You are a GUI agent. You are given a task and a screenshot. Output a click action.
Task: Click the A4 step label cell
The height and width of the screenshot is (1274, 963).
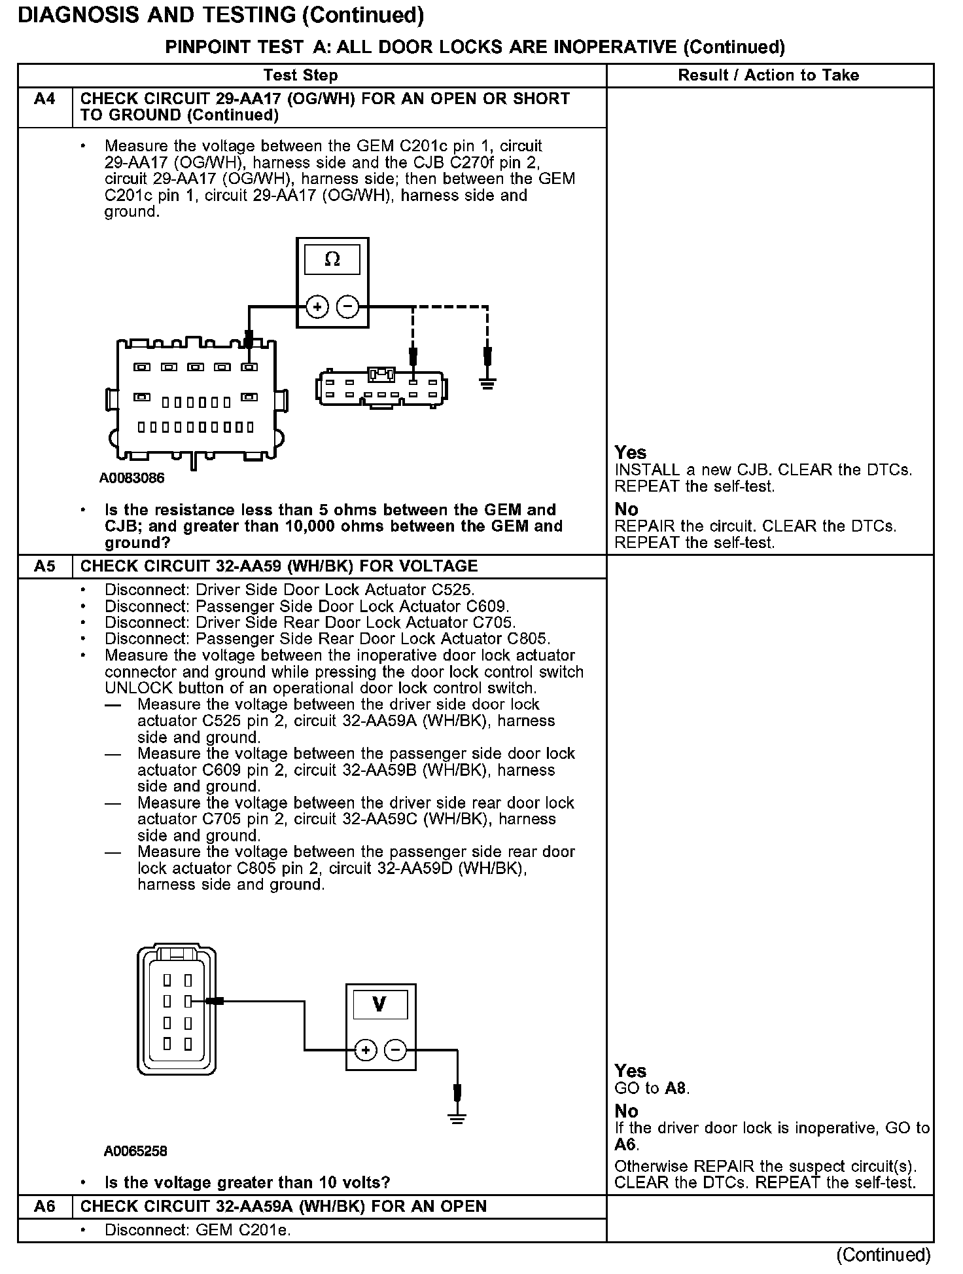44,100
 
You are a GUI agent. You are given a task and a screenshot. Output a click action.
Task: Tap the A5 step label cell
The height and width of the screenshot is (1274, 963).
44,566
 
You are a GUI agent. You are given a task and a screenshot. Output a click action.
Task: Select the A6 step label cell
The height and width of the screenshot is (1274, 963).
44,1207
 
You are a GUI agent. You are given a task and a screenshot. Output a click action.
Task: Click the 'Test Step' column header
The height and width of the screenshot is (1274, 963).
300,75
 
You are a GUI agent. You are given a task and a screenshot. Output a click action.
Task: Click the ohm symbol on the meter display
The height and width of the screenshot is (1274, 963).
332,260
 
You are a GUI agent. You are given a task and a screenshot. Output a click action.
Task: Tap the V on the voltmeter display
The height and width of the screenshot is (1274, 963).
379,1004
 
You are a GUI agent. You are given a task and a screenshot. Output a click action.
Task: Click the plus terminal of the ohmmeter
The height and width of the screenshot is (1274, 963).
317,306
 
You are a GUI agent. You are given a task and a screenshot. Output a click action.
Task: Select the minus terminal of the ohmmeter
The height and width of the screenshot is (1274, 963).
347,306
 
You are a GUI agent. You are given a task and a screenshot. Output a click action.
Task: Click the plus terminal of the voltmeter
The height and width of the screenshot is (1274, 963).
366,1051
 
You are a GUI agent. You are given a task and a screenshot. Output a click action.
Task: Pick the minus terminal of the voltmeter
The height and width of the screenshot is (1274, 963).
395,1051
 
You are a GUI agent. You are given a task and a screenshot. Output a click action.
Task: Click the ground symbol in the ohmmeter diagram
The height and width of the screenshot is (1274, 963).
487,383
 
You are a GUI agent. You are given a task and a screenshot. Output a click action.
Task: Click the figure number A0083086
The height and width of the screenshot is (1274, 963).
131,479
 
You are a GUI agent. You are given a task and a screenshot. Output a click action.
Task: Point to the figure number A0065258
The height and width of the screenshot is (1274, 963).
135,1151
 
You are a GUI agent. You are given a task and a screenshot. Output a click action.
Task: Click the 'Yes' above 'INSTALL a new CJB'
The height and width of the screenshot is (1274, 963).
630,453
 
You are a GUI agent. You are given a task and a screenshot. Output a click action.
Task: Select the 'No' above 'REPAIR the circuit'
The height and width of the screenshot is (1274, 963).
626,509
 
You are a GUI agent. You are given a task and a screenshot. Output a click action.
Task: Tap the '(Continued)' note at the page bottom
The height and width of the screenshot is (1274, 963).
883,1254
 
